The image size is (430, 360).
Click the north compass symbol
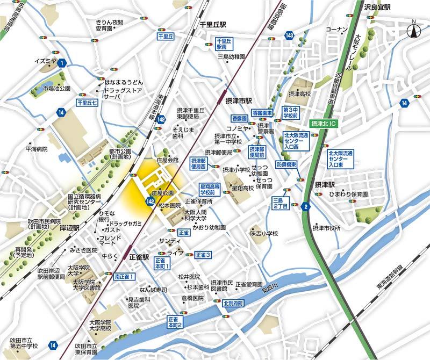(414, 30)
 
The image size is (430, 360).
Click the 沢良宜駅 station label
(376, 6)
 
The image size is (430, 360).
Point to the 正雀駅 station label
(140, 257)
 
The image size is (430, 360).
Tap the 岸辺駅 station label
(69, 228)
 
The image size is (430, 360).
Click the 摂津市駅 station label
(238, 100)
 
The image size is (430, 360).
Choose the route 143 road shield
(290, 35)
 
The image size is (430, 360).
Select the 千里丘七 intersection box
(87, 102)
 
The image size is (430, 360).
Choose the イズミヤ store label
(45, 61)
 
